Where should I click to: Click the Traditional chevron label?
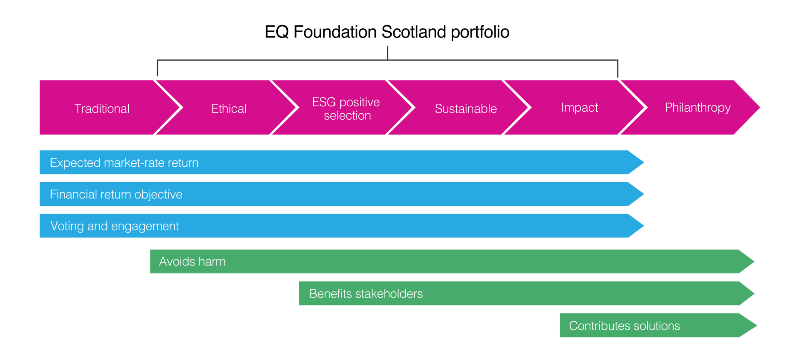click(102, 109)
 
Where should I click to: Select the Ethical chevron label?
click(229, 109)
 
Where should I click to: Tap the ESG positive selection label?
click(346, 109)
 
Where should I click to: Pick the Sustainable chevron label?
click(466, 109)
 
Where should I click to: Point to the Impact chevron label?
click(580, 108)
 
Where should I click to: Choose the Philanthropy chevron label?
click(697, 108)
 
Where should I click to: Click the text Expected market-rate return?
click(124, 162)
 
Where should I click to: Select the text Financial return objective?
click(116, 195)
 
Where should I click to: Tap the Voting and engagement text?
click(115, 226)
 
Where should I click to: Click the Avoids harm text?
click(192, 262)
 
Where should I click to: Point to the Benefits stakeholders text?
click(366, 294)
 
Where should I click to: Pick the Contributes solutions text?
click(624, 326)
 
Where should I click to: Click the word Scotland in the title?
click(414, 32)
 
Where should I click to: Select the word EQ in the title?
click(277, 32)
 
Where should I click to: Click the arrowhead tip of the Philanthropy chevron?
click(760, 107)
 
